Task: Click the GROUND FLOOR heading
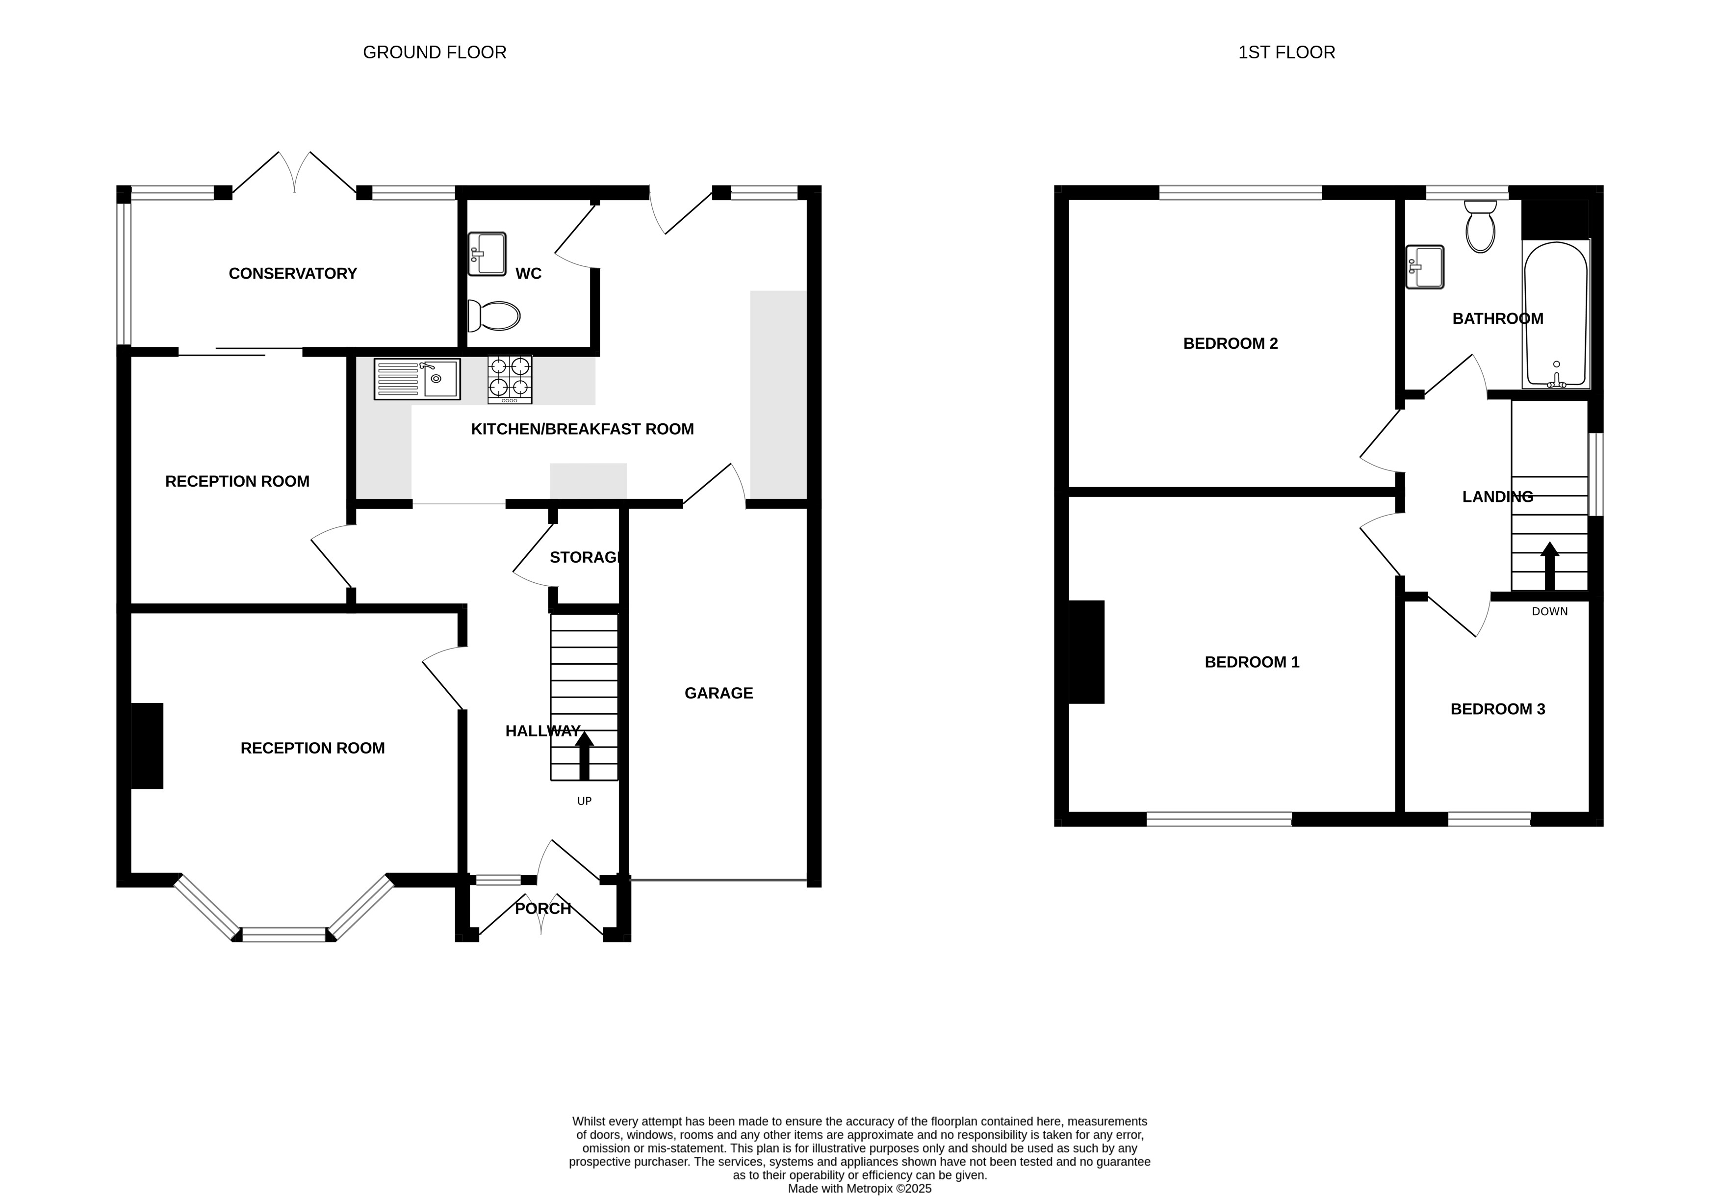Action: [435, 52]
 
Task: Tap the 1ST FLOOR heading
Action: [1286, 52]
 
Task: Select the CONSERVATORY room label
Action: [293, 274]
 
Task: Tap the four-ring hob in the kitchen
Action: [510, 379]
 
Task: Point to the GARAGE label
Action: [719, 693]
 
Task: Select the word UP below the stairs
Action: [584, 801]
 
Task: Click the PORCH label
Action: [543, 909]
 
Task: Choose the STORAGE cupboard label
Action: [585, 558]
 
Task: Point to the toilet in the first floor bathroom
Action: [1480, 226]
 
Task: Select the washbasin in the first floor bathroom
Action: [1425, 267]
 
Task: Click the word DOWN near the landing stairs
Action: [1550, 611]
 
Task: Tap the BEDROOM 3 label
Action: [1497, 709]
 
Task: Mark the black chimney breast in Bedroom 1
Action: [1086, 652]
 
